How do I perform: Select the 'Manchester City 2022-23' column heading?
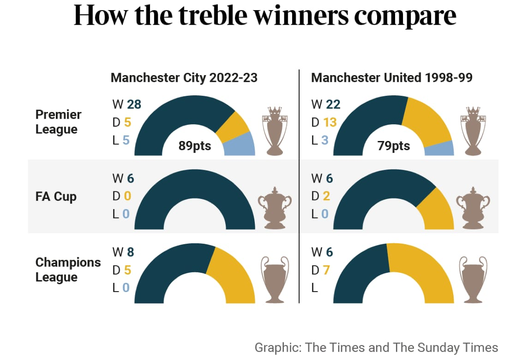pos(184,78)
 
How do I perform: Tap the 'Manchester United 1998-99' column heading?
pos(392,78)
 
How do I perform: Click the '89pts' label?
pos(194,146)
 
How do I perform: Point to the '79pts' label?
pos(393,146)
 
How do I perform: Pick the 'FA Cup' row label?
pos(56,196)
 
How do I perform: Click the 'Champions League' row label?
pos(68,270)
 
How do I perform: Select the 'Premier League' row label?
pos(59,122)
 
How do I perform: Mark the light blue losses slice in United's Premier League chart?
pos(439,149)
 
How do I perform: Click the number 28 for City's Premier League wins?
pos(134,104)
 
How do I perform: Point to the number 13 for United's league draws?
pos(330,122)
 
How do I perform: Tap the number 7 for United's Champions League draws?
pos(326,270)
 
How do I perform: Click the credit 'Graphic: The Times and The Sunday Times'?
pos(376,348)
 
